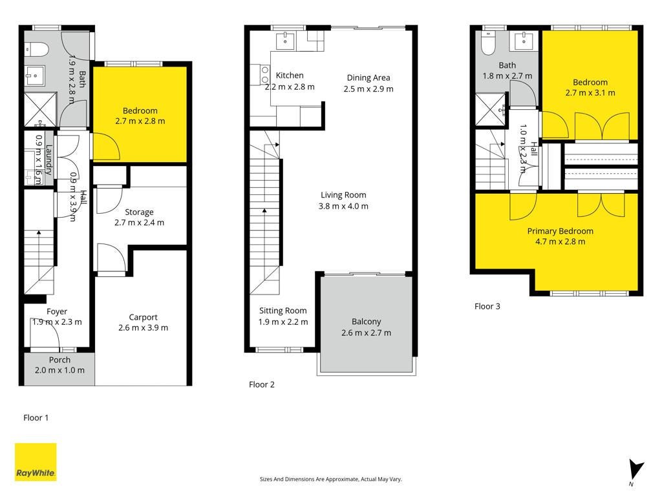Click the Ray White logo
[36, 462]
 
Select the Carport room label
[143, 317]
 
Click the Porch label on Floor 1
[59, 360]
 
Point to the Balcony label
[366, 322]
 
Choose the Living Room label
[343, 195]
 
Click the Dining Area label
[368, 77]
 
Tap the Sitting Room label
[283, 311]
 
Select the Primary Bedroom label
[561, 231]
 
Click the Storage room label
[139, 212]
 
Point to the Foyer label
[57, 312]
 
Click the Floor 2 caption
[262, 385]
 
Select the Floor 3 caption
[487, 307]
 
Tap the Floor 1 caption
[36, 418]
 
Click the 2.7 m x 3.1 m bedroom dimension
[590, 93]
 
